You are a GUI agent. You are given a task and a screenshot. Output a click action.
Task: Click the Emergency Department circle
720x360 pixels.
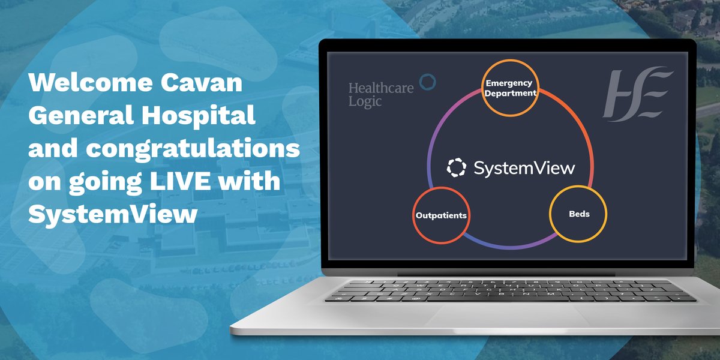point(510,88)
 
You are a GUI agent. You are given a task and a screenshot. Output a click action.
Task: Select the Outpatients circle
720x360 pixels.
point(441,215)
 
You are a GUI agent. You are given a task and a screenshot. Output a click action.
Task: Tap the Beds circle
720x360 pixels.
point(578,214)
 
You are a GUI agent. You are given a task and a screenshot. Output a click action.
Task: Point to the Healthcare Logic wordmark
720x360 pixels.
point(373,94)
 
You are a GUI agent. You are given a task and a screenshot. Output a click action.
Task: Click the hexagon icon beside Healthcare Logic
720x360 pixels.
point(427,82)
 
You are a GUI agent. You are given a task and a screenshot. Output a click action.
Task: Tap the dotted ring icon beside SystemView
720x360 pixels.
point(456,168)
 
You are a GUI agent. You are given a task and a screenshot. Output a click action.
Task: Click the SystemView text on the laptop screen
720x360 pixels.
point(524,168)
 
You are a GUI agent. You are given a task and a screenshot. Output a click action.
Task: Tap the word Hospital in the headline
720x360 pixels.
point(193,116)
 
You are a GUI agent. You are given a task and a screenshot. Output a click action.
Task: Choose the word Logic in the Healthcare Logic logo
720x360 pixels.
point(365,101)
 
